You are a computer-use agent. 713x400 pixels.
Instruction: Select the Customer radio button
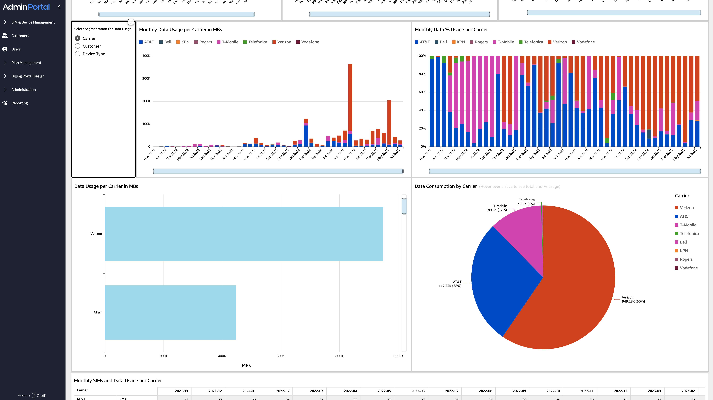(x=78, y=46)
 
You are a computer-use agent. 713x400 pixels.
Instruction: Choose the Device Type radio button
(x=78, y=54)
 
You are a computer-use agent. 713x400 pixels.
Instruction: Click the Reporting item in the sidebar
(x=19, y=103)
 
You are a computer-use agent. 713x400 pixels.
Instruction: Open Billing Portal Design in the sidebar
(x=28, y=76)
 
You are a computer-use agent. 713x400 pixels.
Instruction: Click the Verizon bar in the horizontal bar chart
(x=244, y=234)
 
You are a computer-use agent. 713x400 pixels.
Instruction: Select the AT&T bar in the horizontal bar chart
(x=170, y=312)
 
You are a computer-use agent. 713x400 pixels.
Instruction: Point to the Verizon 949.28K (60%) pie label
(x=633, y=299)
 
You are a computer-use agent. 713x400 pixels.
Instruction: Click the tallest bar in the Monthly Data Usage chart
(x=350, y=97)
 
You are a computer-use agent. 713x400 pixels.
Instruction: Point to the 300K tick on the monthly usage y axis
(x=146, y=79)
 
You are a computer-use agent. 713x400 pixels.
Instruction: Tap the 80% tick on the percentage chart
(x=422, y=74)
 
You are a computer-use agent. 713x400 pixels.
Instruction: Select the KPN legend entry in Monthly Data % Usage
(x=461, y=42)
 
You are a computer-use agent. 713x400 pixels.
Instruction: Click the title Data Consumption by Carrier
(x=446, y=186)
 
